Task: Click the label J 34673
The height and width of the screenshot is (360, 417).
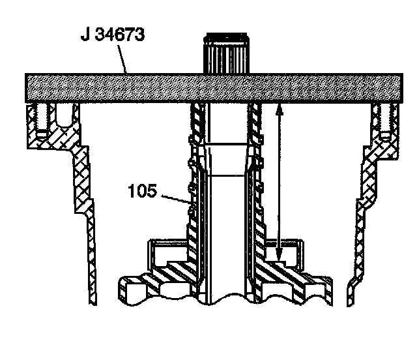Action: coord(112,35)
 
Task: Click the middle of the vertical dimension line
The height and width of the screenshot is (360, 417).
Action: coord(279,183)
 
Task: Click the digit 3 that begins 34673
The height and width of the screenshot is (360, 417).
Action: coord(98,35)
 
